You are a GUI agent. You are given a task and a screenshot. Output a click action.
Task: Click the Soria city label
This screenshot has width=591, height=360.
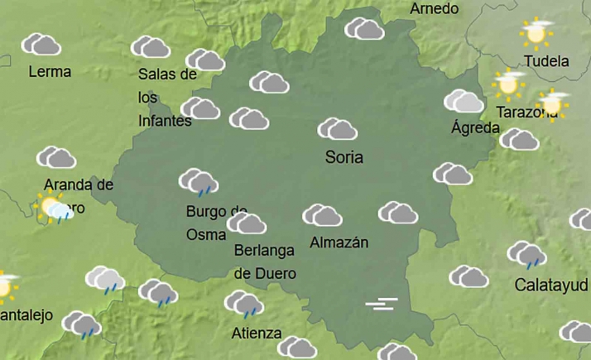click(x=344, y=157)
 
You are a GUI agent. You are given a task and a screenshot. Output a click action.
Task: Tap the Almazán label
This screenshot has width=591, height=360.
click(x=338, y=242)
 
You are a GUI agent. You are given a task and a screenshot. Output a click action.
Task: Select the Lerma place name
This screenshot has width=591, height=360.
click(x=50, y=71)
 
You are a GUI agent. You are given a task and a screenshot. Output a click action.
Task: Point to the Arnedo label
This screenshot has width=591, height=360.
click(x=435, y=8)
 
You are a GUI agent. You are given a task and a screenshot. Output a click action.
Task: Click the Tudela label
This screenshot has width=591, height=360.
click(x=546, y=60)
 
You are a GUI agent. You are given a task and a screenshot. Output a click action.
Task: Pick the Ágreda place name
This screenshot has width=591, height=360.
click(x=475, y=127)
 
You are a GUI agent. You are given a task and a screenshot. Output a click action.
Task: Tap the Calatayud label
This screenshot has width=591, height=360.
click(x=552, y=286)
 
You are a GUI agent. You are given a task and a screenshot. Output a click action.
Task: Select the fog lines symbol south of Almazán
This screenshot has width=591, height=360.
click(x=382, y=305)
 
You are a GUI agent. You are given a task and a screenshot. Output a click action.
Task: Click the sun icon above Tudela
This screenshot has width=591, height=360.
click(x=536, y=34)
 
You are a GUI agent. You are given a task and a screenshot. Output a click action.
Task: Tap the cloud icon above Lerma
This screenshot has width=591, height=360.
click(x=41, y=44)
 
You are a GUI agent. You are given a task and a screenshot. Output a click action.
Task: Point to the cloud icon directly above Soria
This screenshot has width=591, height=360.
click(x=338, y=129)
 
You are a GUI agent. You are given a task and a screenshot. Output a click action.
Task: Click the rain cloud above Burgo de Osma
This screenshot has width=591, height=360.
click(x=199, y=181)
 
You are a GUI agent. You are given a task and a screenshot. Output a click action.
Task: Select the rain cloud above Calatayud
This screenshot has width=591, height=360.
click(x=527, y=254)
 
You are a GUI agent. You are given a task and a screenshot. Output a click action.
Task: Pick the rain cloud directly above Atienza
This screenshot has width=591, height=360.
click(x=244, y=303)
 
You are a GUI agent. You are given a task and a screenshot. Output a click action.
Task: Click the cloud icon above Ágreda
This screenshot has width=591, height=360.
click(x=464, y=101)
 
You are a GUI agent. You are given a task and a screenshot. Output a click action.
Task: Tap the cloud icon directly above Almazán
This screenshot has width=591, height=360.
click(x=322, y=215)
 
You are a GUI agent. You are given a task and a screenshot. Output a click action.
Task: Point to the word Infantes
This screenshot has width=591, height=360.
click(x=165, y=121)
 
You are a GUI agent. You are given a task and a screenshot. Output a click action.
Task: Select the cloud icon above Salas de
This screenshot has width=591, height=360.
click(x=150, y=46)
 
